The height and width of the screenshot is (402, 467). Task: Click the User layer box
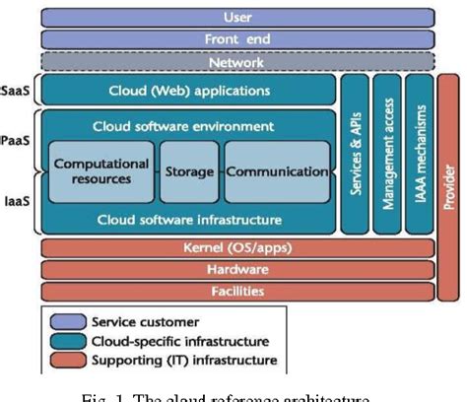pos(236,17)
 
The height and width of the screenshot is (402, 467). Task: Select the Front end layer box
pos(236,39)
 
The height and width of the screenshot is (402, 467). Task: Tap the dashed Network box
pos(236,62)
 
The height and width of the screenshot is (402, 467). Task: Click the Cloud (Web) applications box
pos(187,91)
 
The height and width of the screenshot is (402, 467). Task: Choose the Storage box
pos(188,170)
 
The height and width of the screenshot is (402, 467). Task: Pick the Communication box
pos(277,170)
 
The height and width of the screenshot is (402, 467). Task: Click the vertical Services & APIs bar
pos(354,153)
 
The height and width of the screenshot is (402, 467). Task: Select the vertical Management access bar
pos(386,153)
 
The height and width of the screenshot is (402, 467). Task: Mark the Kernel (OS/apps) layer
pos(236,246)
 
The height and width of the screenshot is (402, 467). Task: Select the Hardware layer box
pos(236,268)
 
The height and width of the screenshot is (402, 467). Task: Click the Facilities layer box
pos(236,290)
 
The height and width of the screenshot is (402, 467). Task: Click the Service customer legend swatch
pos(67,321)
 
